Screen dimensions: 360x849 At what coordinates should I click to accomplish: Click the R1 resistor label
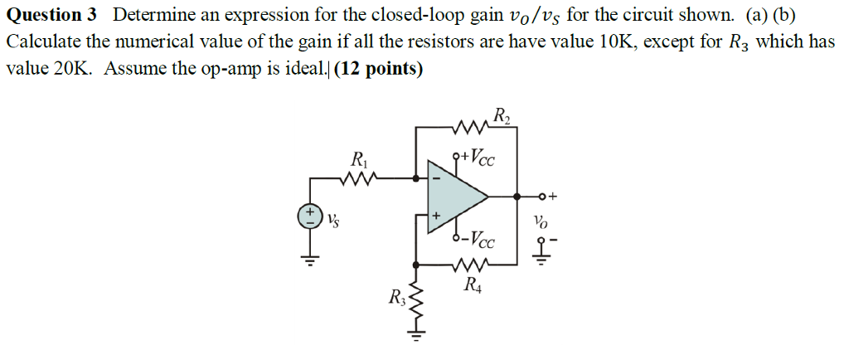358,158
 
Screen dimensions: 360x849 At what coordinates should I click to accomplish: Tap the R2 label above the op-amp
502,115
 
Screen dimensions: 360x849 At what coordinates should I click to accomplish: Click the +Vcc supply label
478,158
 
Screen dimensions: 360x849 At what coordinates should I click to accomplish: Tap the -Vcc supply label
478,241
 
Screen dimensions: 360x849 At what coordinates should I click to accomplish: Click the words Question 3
51,15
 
